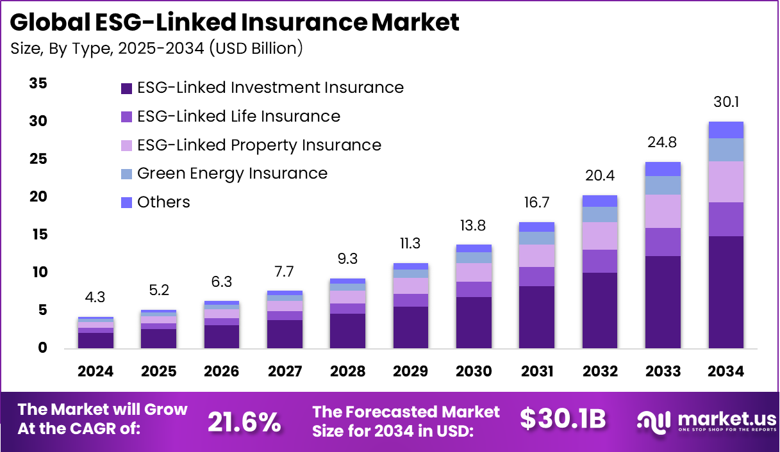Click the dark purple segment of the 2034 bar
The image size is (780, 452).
(726, 292)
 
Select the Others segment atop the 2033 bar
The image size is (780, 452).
(663, 169)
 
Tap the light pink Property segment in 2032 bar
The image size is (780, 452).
(599, 236)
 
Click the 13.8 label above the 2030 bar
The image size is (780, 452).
(474, 225)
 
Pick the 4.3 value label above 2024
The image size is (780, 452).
(95, 298)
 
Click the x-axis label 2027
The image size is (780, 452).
(285, 372)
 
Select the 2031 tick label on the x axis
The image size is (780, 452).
(536, 372)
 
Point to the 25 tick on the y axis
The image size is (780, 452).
(38, 159)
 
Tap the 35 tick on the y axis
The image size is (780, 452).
(38, 84)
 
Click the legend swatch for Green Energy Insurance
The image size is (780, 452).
(126, 174)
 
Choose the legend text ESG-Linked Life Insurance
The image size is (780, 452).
(238, 117)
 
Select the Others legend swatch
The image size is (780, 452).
(126, 202)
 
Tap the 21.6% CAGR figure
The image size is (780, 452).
(244, 421)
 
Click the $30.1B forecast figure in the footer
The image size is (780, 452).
(563, 419)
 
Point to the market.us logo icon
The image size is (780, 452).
(653, 421)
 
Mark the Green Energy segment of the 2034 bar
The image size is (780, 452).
(726, 150)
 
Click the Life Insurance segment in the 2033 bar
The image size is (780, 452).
(663, 242)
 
